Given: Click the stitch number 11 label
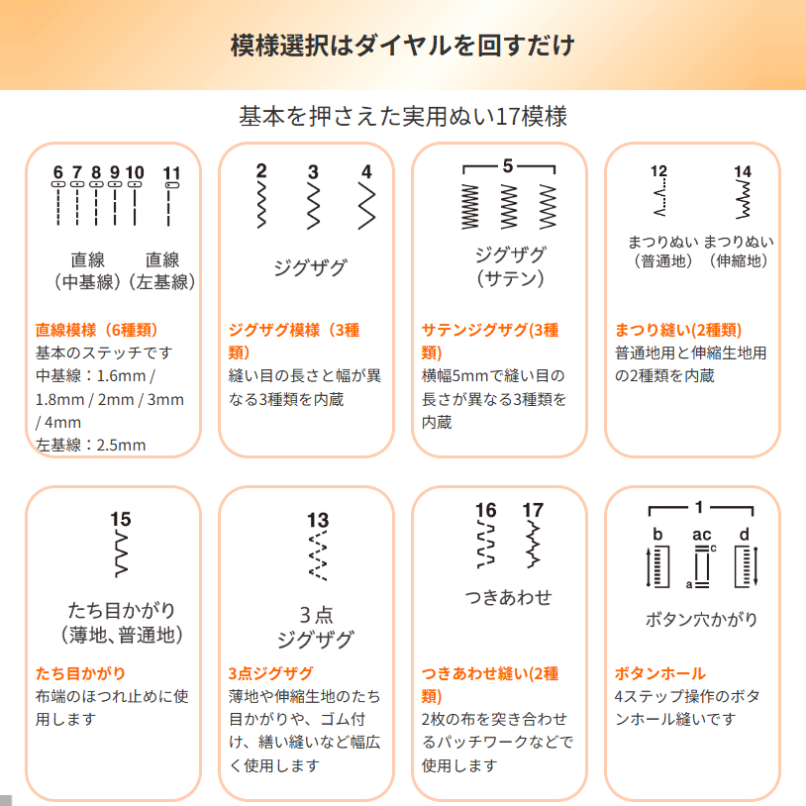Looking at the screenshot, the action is point(171,173).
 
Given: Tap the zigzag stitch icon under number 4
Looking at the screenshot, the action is point(366,206).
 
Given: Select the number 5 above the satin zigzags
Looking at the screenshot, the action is point(508,165).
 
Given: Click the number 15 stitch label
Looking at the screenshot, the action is point(120,519).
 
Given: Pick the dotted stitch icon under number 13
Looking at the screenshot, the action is point(318,555).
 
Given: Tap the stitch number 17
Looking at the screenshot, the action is point(533,510).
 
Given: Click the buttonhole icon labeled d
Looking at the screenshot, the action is point(747,566).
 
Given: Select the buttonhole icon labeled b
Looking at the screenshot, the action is point(657,566).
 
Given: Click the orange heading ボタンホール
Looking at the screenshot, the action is point(660,673).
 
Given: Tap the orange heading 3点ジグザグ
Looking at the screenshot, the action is point(271,673).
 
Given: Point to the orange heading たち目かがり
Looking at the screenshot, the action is point(81,673).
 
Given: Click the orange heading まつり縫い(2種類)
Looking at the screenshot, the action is point(678,330).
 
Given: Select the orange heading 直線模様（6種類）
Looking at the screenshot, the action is point(97,330).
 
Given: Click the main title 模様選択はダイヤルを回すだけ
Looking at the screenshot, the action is point(403,46).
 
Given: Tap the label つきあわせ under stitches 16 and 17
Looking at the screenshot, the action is point(508,597).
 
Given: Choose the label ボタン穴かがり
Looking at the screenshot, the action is point(701,620).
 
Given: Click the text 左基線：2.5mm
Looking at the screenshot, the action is point(90,446).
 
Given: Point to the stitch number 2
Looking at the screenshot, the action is point(261,171).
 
